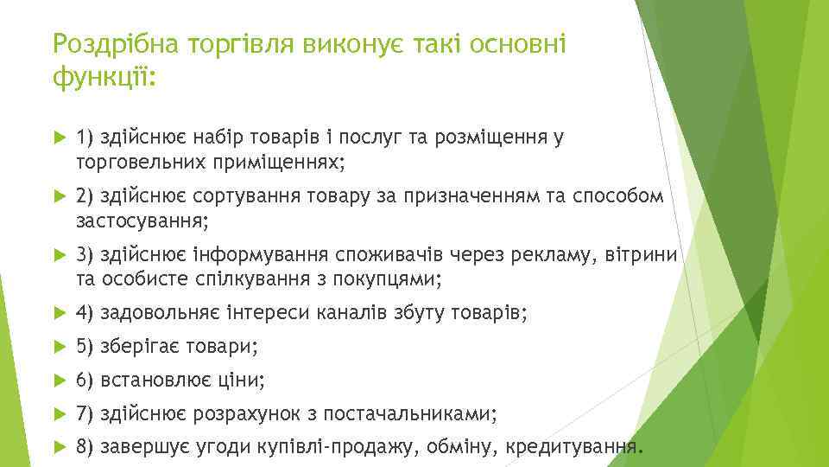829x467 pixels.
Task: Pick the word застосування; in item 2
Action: (x=142, y=221)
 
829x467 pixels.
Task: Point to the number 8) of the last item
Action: (x=85, y=448)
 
